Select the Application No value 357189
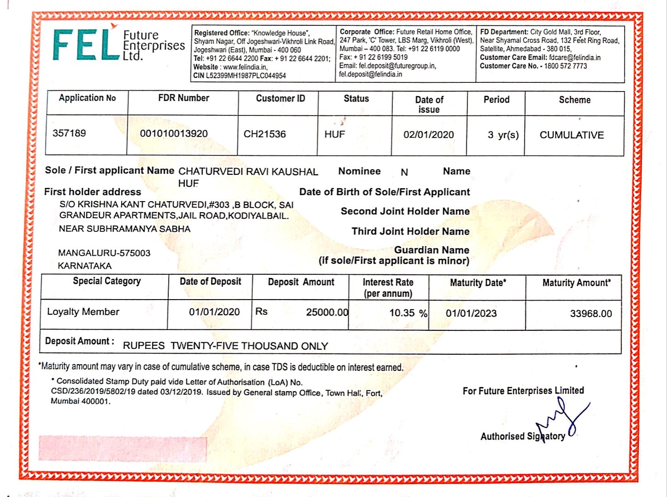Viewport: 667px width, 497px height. coord(69,133)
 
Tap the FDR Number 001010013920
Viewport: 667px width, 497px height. coord(174,134)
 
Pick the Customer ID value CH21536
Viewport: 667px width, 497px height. coord(264,134)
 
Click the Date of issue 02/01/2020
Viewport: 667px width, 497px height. coord(428,135)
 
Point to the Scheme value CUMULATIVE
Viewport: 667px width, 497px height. coord(571,135)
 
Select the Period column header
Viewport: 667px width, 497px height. coord(496,100)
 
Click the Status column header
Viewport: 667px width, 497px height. coord(356,99)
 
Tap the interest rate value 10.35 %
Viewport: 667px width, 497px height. coord(408,313)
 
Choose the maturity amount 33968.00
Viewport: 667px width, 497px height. coord(591,314)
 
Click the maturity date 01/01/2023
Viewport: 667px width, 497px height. coord(471,314)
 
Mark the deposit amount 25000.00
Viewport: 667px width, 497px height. coord(327,312)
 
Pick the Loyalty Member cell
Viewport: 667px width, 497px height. coord(83,312)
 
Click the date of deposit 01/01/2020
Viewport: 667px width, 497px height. coord(214,312)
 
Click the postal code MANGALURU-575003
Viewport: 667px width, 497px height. coord(104,253)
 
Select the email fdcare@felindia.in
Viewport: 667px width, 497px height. coord(574,58)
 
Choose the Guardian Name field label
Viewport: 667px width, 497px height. coord(431,250)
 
